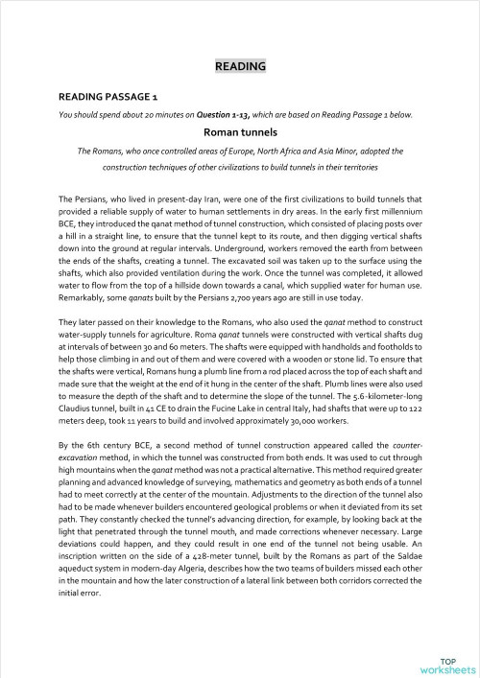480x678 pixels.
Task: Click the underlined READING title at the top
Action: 239,66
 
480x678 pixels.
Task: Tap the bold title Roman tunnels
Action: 239,133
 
